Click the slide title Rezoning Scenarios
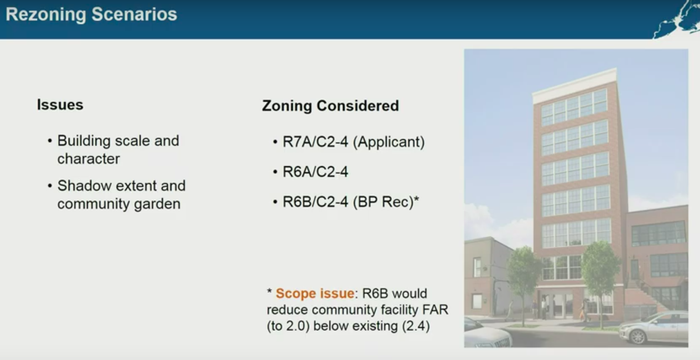click(x=91, y=15)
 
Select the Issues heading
click(x=60, y=105)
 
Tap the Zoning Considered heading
click(x=330, y=106)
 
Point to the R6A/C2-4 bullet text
click(x=315, y=172)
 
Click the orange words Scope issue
click(x=315, y=293)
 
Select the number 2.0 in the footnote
click(x=295, y=326)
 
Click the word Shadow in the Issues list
click(x=85, y=186)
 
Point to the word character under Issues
click(x=89, y=159)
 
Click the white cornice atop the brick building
click(x=575, y=85)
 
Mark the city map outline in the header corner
click(x=676, y=20)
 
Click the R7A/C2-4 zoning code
click(x=315, y=142)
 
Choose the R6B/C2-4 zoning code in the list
click(x=315, y=202)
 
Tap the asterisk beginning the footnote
click(x=269, y=292)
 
